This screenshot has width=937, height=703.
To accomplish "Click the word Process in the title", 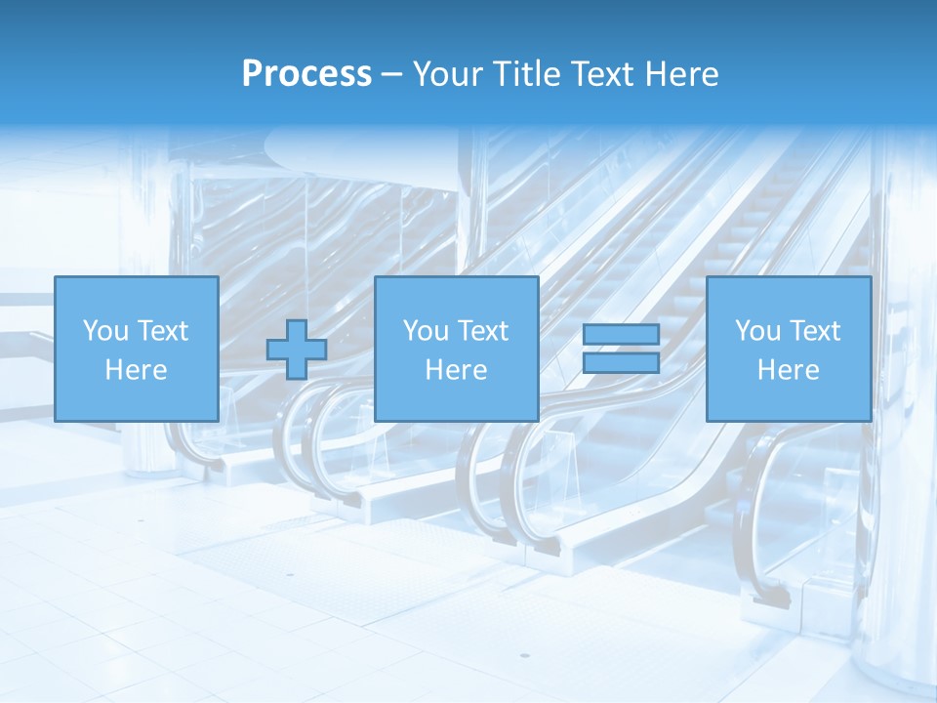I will click(306, 74).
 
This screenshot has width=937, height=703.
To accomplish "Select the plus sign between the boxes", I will click(297, 350).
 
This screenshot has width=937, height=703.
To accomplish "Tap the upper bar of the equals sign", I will click(621, 335).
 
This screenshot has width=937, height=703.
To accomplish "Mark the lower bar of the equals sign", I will click(621, 363).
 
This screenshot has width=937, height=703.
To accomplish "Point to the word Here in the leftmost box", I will click(136, 370).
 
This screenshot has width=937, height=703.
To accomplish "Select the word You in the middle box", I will click(425, 331).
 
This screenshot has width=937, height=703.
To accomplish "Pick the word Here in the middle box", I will click(456, 370).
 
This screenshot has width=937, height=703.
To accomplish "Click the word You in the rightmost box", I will click(756, 331).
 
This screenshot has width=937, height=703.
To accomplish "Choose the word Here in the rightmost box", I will click(788, 370).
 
